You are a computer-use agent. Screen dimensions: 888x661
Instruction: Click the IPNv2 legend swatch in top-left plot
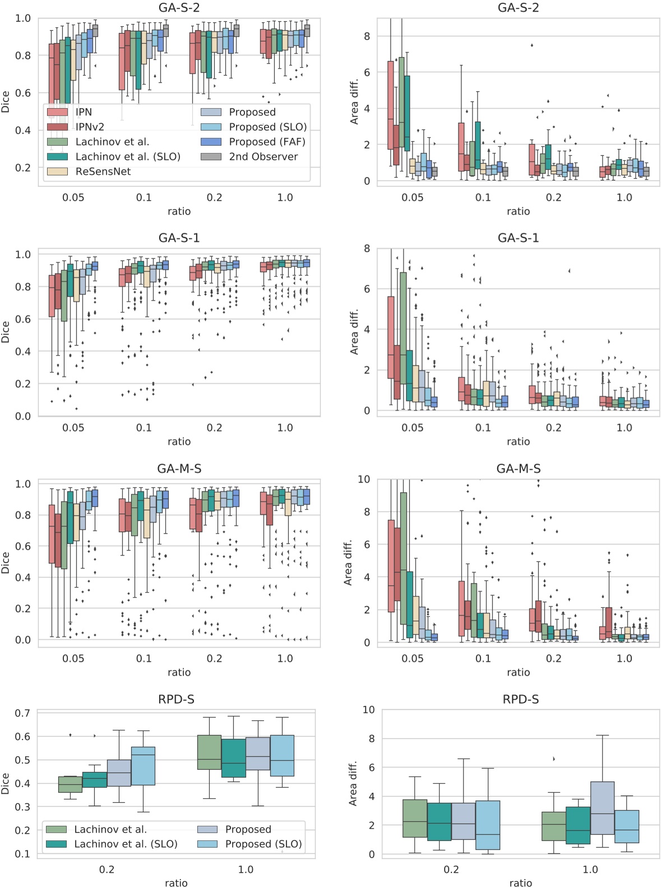click(58, 127)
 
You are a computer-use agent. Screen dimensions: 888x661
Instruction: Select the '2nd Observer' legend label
click(263, 157)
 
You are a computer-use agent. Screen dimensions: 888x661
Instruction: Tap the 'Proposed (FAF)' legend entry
click(267, 142)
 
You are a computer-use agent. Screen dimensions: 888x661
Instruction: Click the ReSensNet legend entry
click(103, 172)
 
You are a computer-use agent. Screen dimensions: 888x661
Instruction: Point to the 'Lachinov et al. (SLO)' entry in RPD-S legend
click(126, 844)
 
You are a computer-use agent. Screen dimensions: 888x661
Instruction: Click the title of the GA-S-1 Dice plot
click(179, 238)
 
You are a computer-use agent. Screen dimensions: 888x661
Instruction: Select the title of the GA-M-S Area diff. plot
click(518, 468)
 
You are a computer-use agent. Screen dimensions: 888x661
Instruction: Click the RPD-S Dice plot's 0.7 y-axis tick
click(22, 713)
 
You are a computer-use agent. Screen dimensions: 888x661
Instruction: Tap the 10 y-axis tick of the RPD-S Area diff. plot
click(368, 710)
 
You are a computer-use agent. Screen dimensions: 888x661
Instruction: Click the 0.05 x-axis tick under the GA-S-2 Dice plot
click(73, 197)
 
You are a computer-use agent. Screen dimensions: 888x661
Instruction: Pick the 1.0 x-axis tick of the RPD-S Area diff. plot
click(590, 869)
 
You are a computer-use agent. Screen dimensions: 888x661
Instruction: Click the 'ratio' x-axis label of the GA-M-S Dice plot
click(179, 672)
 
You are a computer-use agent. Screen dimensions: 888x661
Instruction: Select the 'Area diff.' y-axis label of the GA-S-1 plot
click(354, 332)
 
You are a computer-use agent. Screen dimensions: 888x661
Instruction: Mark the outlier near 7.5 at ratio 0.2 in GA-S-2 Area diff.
click(531, 45)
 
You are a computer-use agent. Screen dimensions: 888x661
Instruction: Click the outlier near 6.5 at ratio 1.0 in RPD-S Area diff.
click(554, 759)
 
